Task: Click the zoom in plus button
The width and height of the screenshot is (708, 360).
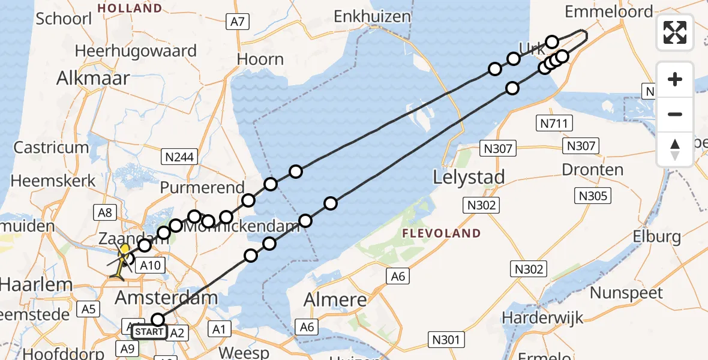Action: click(675, 79)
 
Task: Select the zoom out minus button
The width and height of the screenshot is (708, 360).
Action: click(675, 114)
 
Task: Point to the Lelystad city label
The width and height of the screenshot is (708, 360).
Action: click(469, 177)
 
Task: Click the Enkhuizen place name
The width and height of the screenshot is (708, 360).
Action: click(372, 16)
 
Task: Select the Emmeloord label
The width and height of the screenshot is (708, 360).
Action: click(608, 11)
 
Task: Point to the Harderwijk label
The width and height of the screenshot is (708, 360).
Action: click(544, 317)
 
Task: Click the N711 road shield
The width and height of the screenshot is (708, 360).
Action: click(554, 124)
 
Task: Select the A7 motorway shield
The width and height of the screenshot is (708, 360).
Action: click(238, 22)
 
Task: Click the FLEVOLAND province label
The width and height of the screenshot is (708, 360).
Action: click(441, 233)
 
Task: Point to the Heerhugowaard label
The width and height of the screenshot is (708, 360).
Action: click(136, 50)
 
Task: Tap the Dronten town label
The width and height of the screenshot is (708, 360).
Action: click(592, 170)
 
